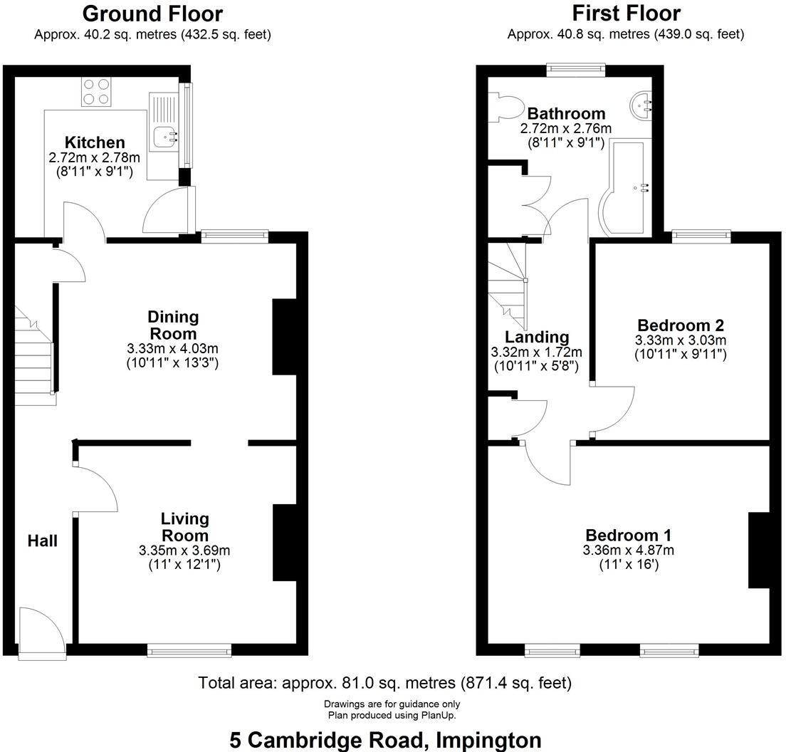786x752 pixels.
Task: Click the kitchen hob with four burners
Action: point(98,92)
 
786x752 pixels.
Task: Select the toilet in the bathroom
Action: point(506,108)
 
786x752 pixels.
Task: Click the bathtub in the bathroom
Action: point(626,189)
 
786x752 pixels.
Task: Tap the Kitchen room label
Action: point(95,142)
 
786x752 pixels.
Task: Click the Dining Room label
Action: point(173,325)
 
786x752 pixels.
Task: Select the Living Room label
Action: point(184,527)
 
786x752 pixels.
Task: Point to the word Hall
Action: point(42,540)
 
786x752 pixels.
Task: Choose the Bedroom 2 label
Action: point(680,325)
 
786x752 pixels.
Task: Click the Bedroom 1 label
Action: point(628,536)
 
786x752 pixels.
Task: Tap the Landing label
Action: point(537,337)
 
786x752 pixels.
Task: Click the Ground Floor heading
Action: point(152,14)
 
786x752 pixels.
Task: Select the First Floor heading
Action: point(626,14)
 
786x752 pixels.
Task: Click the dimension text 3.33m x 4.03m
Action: point(172,348)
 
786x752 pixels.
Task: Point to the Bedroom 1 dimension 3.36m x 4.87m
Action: point(628,550)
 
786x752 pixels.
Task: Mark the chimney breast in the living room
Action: point(285,543)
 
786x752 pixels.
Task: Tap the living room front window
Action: point(189,649)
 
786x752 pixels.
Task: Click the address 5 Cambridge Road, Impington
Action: point(385,740)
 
